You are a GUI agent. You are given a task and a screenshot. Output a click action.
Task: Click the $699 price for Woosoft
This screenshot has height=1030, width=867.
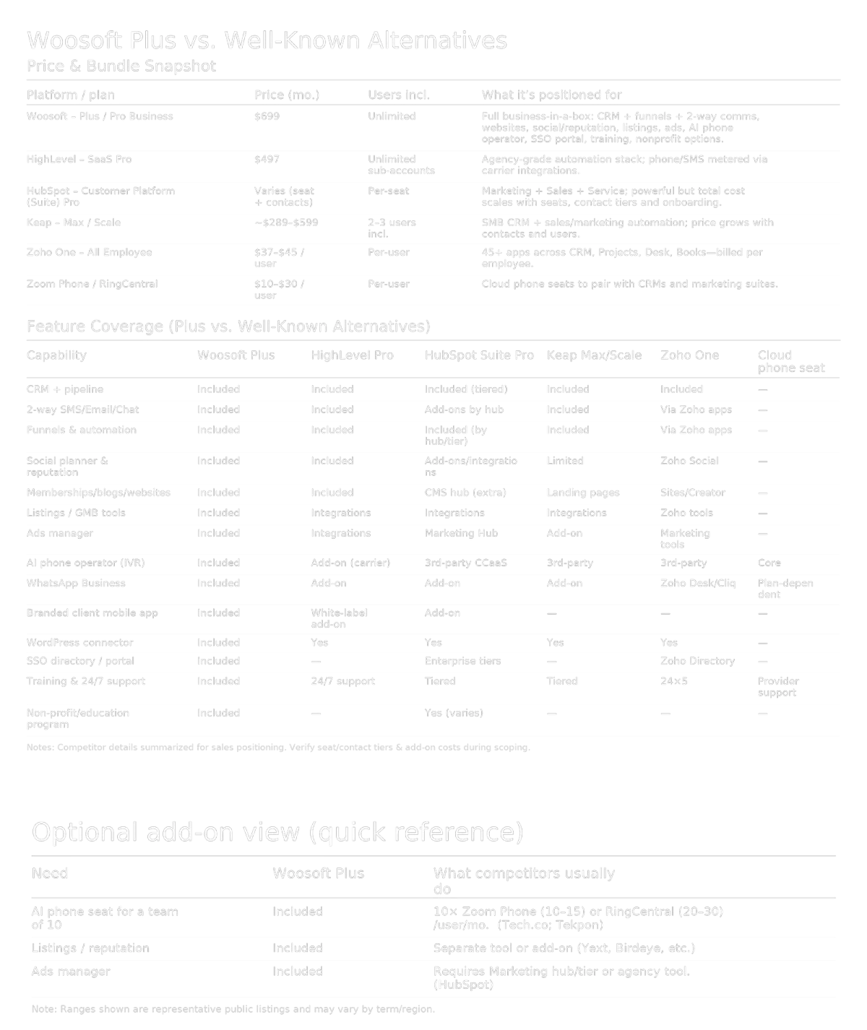(x=267, y=116)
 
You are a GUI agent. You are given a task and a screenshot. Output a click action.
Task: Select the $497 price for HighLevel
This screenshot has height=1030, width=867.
(x=267, y=160)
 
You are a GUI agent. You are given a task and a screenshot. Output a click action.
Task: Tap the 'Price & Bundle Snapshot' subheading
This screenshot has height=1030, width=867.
(x=121, y=66)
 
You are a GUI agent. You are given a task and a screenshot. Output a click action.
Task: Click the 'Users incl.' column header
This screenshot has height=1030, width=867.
(x=398, y=95)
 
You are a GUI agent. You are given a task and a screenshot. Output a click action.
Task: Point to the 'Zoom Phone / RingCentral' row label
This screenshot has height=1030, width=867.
(x=92, y=284)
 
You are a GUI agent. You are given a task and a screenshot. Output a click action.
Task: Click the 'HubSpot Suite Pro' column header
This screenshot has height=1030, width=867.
(x=478, y=355)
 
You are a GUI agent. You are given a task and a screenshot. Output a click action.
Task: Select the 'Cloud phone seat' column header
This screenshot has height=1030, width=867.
(x=790, y=361)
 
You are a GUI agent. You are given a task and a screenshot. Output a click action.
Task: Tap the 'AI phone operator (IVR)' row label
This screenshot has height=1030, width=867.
(x=85, y=563)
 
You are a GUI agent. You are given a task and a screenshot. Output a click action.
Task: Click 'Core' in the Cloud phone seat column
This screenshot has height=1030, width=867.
(x=769, y=563)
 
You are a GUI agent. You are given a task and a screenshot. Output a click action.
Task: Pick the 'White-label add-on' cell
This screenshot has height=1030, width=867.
(x=339, y=618)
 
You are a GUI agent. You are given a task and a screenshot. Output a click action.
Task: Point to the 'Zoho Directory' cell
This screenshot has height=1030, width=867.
(x=696, y=661)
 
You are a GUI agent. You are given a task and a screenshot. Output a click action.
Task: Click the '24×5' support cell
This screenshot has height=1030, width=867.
(x=673, y=681)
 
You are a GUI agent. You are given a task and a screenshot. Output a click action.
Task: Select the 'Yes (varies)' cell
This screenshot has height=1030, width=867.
(x=454, y=713)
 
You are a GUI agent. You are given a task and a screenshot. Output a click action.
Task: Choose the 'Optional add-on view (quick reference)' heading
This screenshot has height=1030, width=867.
(x=277, y=832)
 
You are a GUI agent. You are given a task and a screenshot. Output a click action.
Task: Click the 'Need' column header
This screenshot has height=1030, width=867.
(x=49, y=873)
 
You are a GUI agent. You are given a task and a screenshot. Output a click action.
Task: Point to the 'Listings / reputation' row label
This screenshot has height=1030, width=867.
(x=90, y=948)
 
